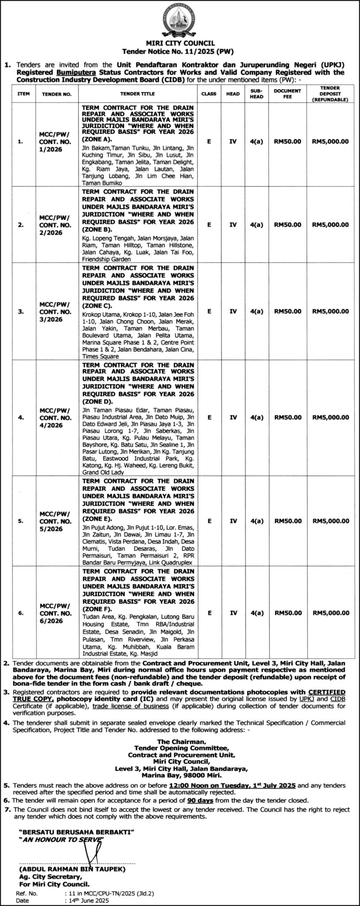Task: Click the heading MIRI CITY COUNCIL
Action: pos(180,43)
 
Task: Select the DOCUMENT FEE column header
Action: pos(287,93)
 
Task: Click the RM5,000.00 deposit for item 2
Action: pos(330,225)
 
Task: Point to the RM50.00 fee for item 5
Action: pos(287,521)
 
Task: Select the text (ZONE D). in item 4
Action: pos(97,402)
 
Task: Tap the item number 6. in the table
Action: pos(20,613)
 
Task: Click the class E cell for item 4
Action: pos(209,417)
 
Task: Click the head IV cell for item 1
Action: pos(233,142)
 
